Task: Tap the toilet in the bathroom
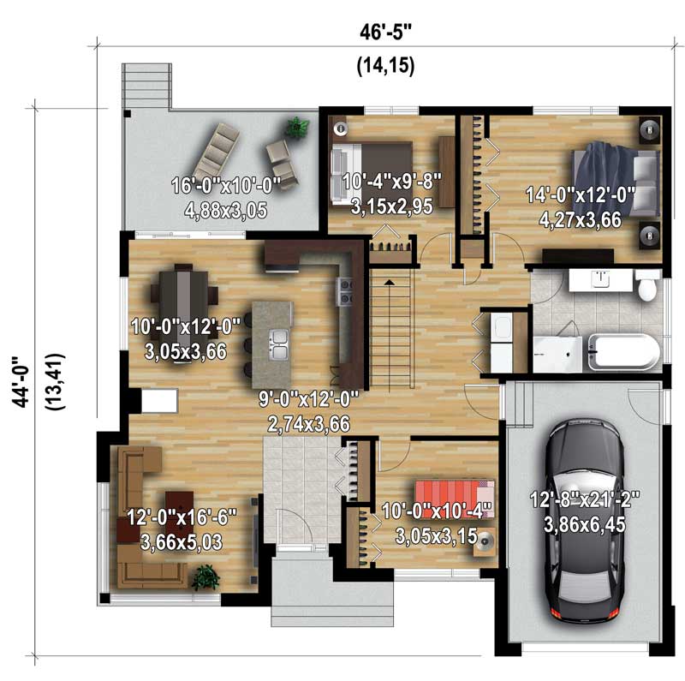(x=648, y=285)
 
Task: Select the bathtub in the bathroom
(x=622, y=351)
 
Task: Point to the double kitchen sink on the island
(x=278, y=342)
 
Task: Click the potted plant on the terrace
(x=297, y=128)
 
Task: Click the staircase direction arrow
(x=390, y=282)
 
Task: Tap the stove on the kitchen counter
(x=345, y=292)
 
